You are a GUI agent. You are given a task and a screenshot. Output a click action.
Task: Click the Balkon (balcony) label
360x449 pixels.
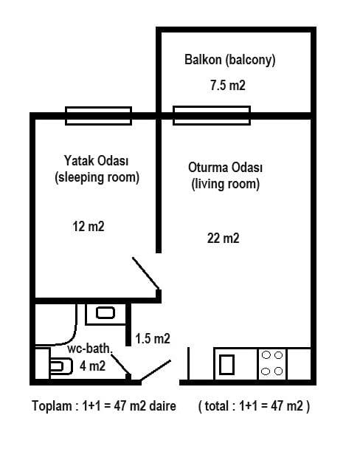(230, 60)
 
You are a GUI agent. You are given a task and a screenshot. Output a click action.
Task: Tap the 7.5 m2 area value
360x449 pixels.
(228, 86)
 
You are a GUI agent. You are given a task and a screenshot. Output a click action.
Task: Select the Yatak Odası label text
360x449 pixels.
(96, 161)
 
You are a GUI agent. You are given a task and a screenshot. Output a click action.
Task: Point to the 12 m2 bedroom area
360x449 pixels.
(89, 226)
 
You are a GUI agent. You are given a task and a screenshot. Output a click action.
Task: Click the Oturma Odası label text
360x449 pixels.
(225, 168)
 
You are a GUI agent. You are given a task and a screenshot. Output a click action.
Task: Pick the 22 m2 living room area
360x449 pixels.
(223, 238)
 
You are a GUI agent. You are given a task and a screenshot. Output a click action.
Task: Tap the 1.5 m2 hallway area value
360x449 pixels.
(153, 338)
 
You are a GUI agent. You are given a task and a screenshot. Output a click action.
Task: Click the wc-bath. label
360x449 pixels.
(90, 349)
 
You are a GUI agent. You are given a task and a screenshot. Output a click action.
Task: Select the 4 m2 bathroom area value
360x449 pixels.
(93, 366)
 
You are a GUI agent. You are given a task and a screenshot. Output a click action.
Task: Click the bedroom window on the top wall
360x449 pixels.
(98, 116)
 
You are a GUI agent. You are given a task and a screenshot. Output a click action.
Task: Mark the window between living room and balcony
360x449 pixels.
(212, 116)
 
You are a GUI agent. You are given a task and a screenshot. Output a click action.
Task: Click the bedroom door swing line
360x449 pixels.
(145, 273)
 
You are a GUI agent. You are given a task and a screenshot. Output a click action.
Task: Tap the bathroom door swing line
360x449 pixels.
(120, 364)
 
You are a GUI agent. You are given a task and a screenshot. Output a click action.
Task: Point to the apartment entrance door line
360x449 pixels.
(156, 371)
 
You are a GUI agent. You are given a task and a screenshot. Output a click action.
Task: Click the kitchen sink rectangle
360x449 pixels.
(226, 365)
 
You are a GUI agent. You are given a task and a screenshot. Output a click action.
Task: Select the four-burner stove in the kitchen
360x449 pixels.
(272, 363)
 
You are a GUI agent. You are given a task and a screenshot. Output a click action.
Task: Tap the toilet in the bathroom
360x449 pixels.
(60, 366)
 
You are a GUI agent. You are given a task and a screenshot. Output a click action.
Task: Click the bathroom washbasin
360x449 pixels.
(105, 313)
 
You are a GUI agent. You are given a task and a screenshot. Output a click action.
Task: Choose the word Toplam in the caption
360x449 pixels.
(52, 406)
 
